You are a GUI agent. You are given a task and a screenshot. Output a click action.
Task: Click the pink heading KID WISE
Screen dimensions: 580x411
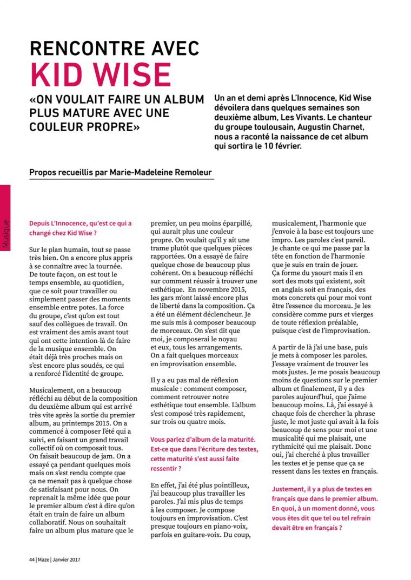coord(101,74)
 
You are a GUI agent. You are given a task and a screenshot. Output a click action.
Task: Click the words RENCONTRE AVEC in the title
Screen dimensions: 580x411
coord(115,49)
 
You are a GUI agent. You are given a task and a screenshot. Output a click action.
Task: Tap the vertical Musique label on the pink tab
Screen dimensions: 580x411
coord(5,233)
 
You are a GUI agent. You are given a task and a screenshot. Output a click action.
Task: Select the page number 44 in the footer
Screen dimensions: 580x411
coord(32,559)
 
